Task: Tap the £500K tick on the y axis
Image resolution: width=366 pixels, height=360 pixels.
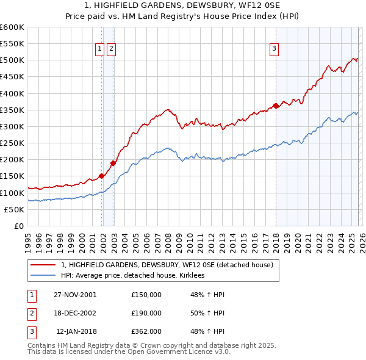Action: click(12, 60)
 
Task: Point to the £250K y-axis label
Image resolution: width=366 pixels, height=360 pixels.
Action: click(12, 143)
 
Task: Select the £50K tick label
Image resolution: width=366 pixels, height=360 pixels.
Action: click(14, 209)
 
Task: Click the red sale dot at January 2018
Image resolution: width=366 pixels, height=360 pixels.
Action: click(276, 106)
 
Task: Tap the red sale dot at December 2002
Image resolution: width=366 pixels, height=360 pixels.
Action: click(113, 163)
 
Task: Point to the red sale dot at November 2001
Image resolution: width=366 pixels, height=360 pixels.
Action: click(101, 176)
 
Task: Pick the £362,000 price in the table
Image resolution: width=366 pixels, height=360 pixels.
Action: click(146, 331)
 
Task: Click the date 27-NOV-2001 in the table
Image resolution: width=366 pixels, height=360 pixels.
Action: click(75, 295)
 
